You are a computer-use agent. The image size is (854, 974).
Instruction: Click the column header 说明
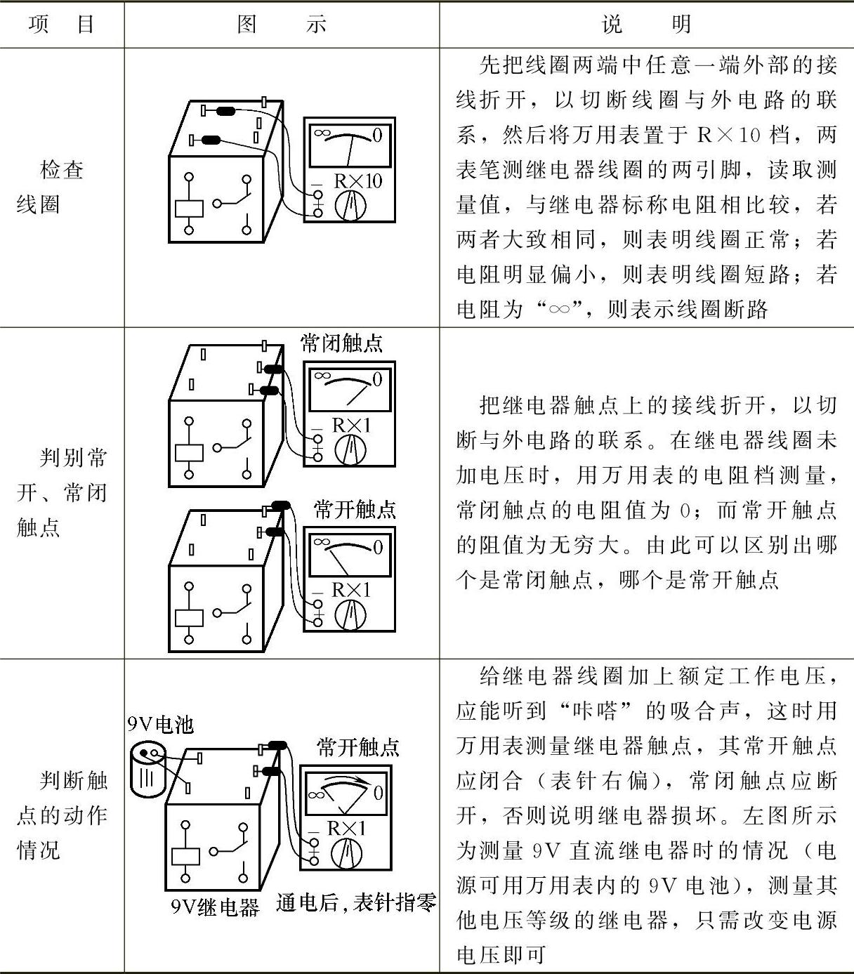pos(646,25)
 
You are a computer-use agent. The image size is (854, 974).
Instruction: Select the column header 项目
pos(62,25)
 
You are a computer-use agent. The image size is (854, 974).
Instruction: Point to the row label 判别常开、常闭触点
pos(62,492)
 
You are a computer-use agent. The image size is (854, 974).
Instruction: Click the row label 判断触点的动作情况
pos(62,815)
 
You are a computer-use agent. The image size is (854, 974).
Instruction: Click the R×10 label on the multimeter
pos(357,181)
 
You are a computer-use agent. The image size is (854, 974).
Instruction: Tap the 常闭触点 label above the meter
pos(341,343)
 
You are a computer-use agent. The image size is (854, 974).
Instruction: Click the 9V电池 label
pos(160,724)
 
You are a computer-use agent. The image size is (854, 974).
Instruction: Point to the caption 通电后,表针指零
pos(355,903)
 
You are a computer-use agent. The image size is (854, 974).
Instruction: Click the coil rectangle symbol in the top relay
pos(188,209)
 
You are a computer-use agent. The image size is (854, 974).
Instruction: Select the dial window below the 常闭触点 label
pos(348,388)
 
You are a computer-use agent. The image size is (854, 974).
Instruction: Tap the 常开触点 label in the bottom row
pos(357,747)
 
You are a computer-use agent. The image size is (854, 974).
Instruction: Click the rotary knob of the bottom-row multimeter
pos(347,853)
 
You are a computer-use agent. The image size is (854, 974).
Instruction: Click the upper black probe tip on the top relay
pos(226,111)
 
